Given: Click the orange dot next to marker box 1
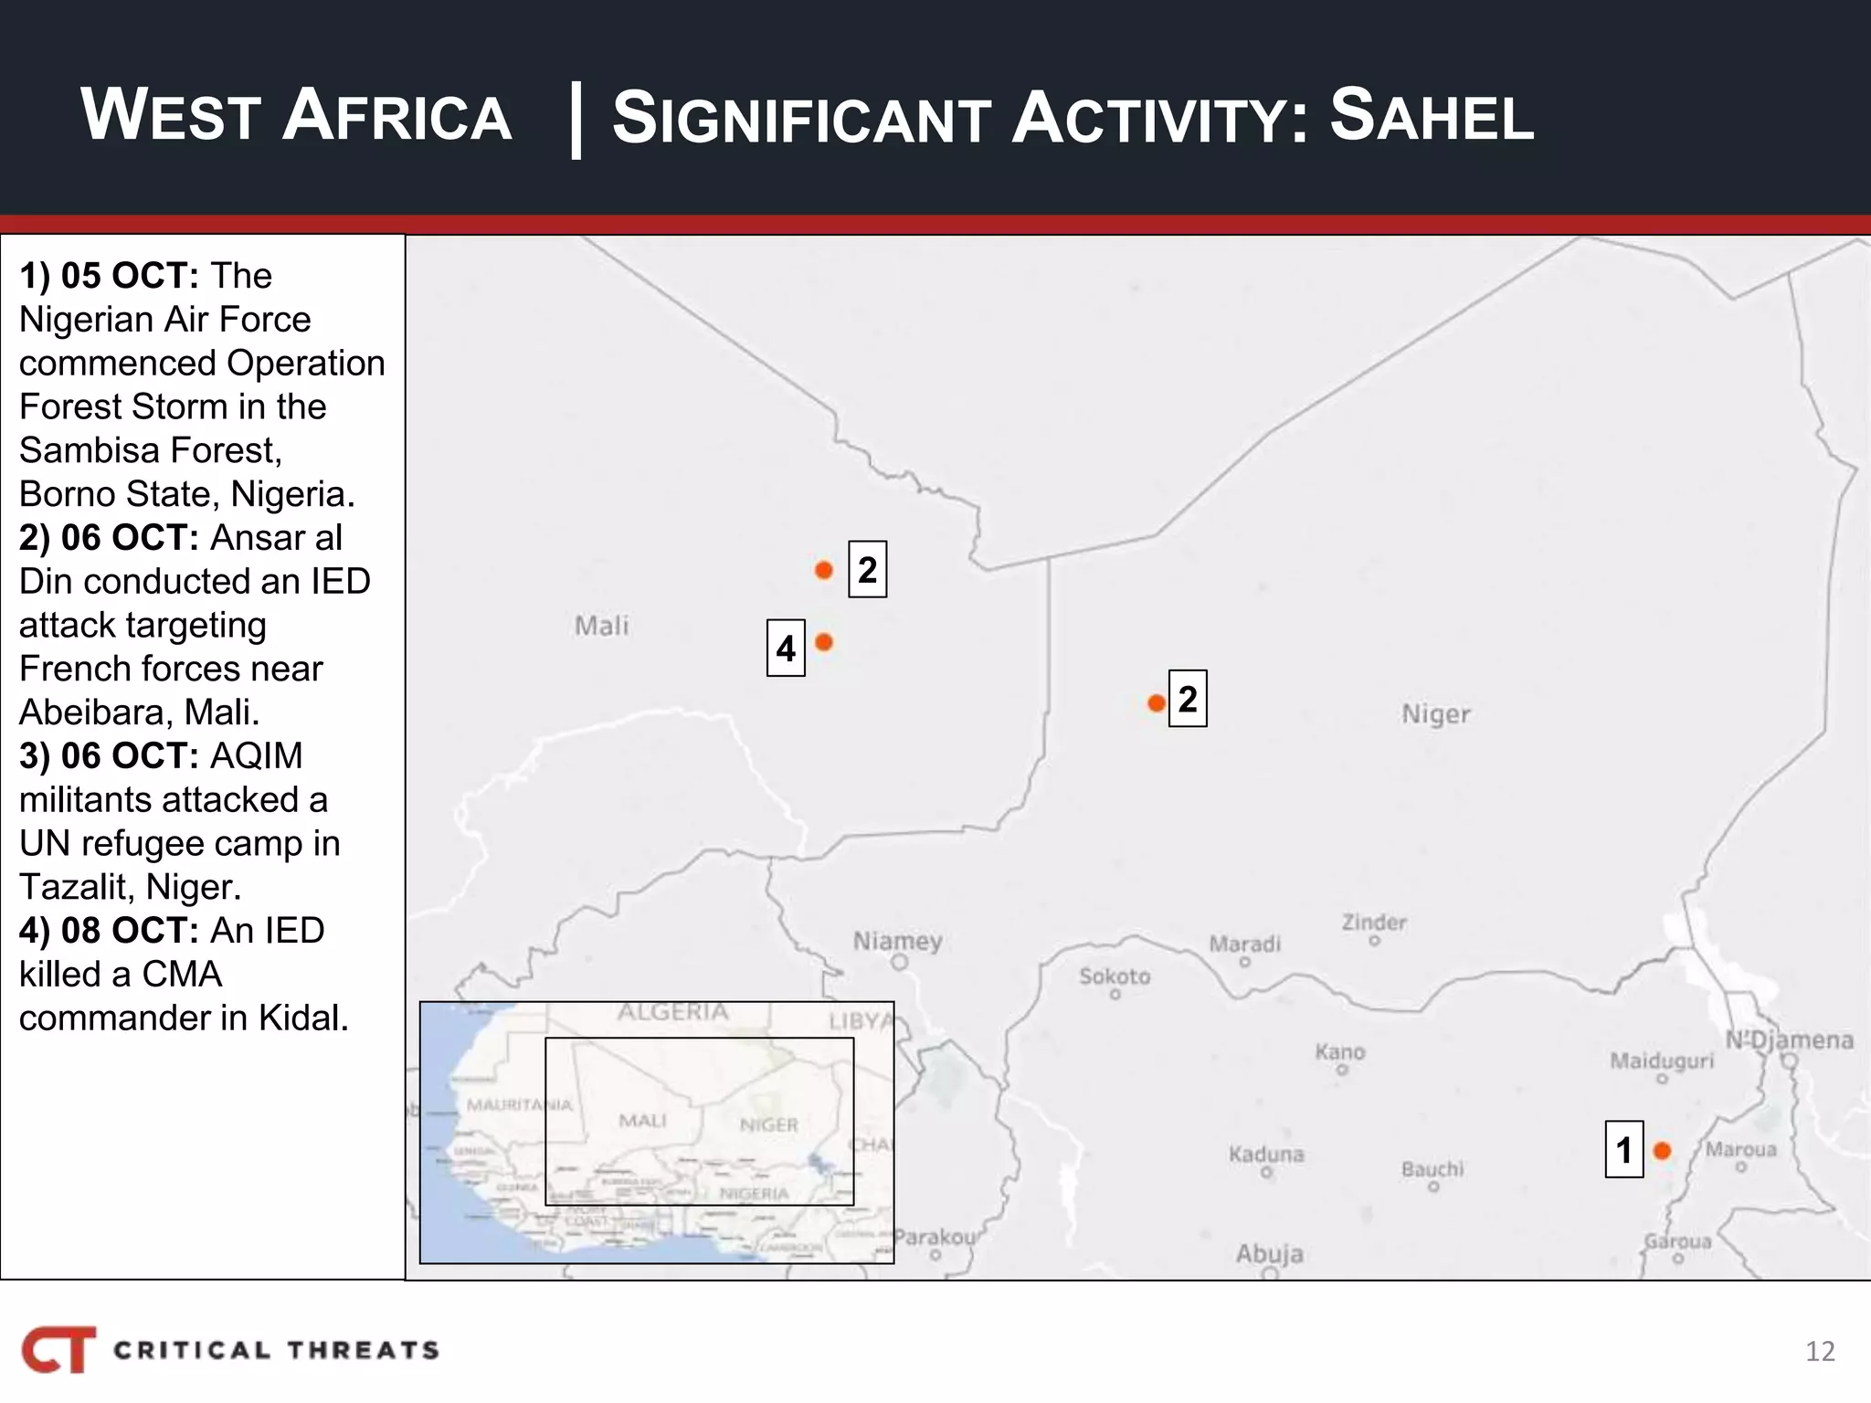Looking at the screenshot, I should [1663, 1151].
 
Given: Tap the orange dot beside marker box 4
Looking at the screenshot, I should [823, 642].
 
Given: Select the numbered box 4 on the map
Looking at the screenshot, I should [786, 649].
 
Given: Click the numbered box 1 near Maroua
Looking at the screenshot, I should [1623, 1150].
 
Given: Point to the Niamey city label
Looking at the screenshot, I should [897, 941].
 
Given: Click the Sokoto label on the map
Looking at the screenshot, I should [1115, 976].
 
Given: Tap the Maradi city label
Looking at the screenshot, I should [1244, 944].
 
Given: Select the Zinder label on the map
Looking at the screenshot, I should [1374, 923].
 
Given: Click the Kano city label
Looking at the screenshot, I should [1340, 1051].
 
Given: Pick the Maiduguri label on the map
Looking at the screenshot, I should [1662, 1060].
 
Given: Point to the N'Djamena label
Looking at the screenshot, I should [1789, 1040].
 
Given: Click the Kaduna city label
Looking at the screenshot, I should [1265, 1155].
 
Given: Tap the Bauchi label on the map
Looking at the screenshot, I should [1432, 1169].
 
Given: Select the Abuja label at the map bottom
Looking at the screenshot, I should [1270, 1254].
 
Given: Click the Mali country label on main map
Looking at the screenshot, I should [601, 627].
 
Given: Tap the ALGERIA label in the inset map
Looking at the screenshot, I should [673, 1012].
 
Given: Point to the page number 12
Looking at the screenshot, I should [1820, 1352].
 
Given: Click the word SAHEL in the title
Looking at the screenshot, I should [1432, 117].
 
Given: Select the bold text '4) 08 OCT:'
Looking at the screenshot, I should [109, 931].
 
